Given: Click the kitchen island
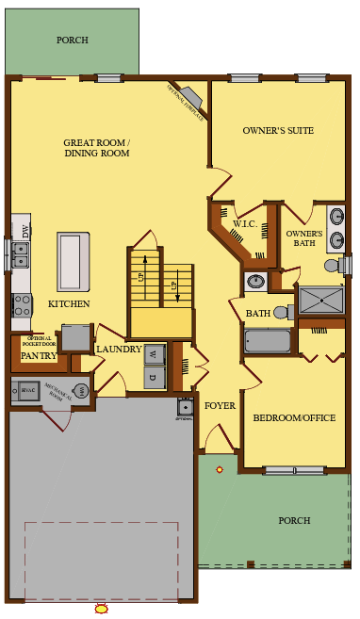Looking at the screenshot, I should (74, 262).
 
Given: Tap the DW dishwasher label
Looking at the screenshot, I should (25, 229).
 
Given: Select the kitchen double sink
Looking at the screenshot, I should (20, 253).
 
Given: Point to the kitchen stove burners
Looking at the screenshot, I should (21, 303).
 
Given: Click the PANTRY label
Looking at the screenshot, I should (39, 356).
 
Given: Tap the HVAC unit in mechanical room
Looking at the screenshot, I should (27, 390).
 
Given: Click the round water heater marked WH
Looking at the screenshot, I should (82, 390).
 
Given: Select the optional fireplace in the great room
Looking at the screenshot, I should (191, 97).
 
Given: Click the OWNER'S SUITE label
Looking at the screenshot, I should (278, 130).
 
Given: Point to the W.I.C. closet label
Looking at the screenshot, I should (245, 224).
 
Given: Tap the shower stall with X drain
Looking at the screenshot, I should (321, 301).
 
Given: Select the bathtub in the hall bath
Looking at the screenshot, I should (268, 340).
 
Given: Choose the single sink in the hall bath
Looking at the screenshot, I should (254, 281).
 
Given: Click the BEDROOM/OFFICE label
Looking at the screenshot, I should (294, 417).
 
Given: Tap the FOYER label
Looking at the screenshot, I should (220, 406).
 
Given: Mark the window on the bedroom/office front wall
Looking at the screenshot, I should (294, 469).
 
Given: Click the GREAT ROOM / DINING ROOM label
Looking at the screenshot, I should (96, 148).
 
